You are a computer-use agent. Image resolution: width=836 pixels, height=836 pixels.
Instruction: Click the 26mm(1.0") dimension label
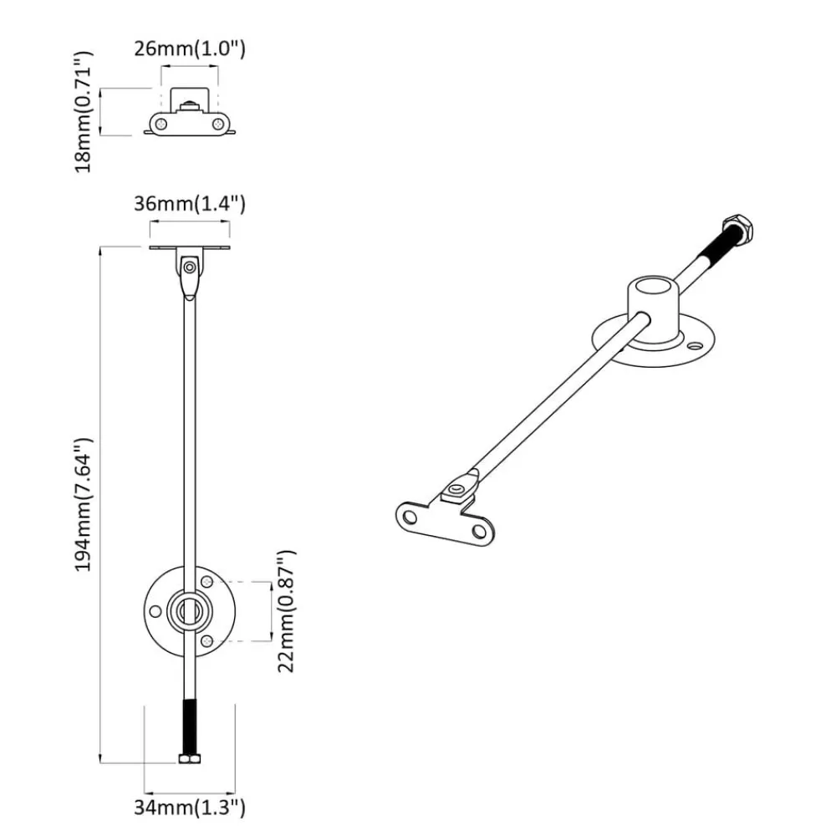(189, 48)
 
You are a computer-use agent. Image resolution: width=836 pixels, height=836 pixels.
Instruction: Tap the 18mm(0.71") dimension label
(83, 112)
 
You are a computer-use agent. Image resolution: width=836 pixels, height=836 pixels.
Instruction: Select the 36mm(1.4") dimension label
(189, 204)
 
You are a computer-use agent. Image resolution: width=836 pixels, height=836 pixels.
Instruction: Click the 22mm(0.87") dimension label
(286, 611)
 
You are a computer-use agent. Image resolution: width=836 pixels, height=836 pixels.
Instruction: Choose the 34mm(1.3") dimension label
(189, 808)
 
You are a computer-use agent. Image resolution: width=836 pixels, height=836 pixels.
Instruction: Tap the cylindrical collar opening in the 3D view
(655, 286)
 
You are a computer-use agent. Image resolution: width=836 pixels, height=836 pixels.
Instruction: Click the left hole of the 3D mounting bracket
(410, 517)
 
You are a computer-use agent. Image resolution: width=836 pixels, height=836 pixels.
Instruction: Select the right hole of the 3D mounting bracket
(479, 532)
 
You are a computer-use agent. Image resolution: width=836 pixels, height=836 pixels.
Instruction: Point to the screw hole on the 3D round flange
(694, 346)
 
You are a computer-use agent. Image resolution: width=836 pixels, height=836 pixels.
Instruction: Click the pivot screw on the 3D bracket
(456, 488)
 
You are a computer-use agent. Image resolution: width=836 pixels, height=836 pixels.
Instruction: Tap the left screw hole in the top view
(161, 125)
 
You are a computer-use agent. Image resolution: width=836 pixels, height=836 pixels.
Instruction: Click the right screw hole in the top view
(218, 125)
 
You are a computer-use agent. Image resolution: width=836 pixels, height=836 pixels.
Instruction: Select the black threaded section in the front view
(189, 726)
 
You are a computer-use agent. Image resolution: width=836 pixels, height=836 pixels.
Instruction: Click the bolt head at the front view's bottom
(189, 759)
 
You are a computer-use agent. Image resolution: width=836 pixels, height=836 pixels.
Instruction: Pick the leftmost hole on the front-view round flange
(155, 611)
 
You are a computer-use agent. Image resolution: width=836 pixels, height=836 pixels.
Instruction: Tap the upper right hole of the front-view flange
(207, 581)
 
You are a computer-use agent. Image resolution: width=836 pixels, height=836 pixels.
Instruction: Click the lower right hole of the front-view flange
(207, 641)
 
